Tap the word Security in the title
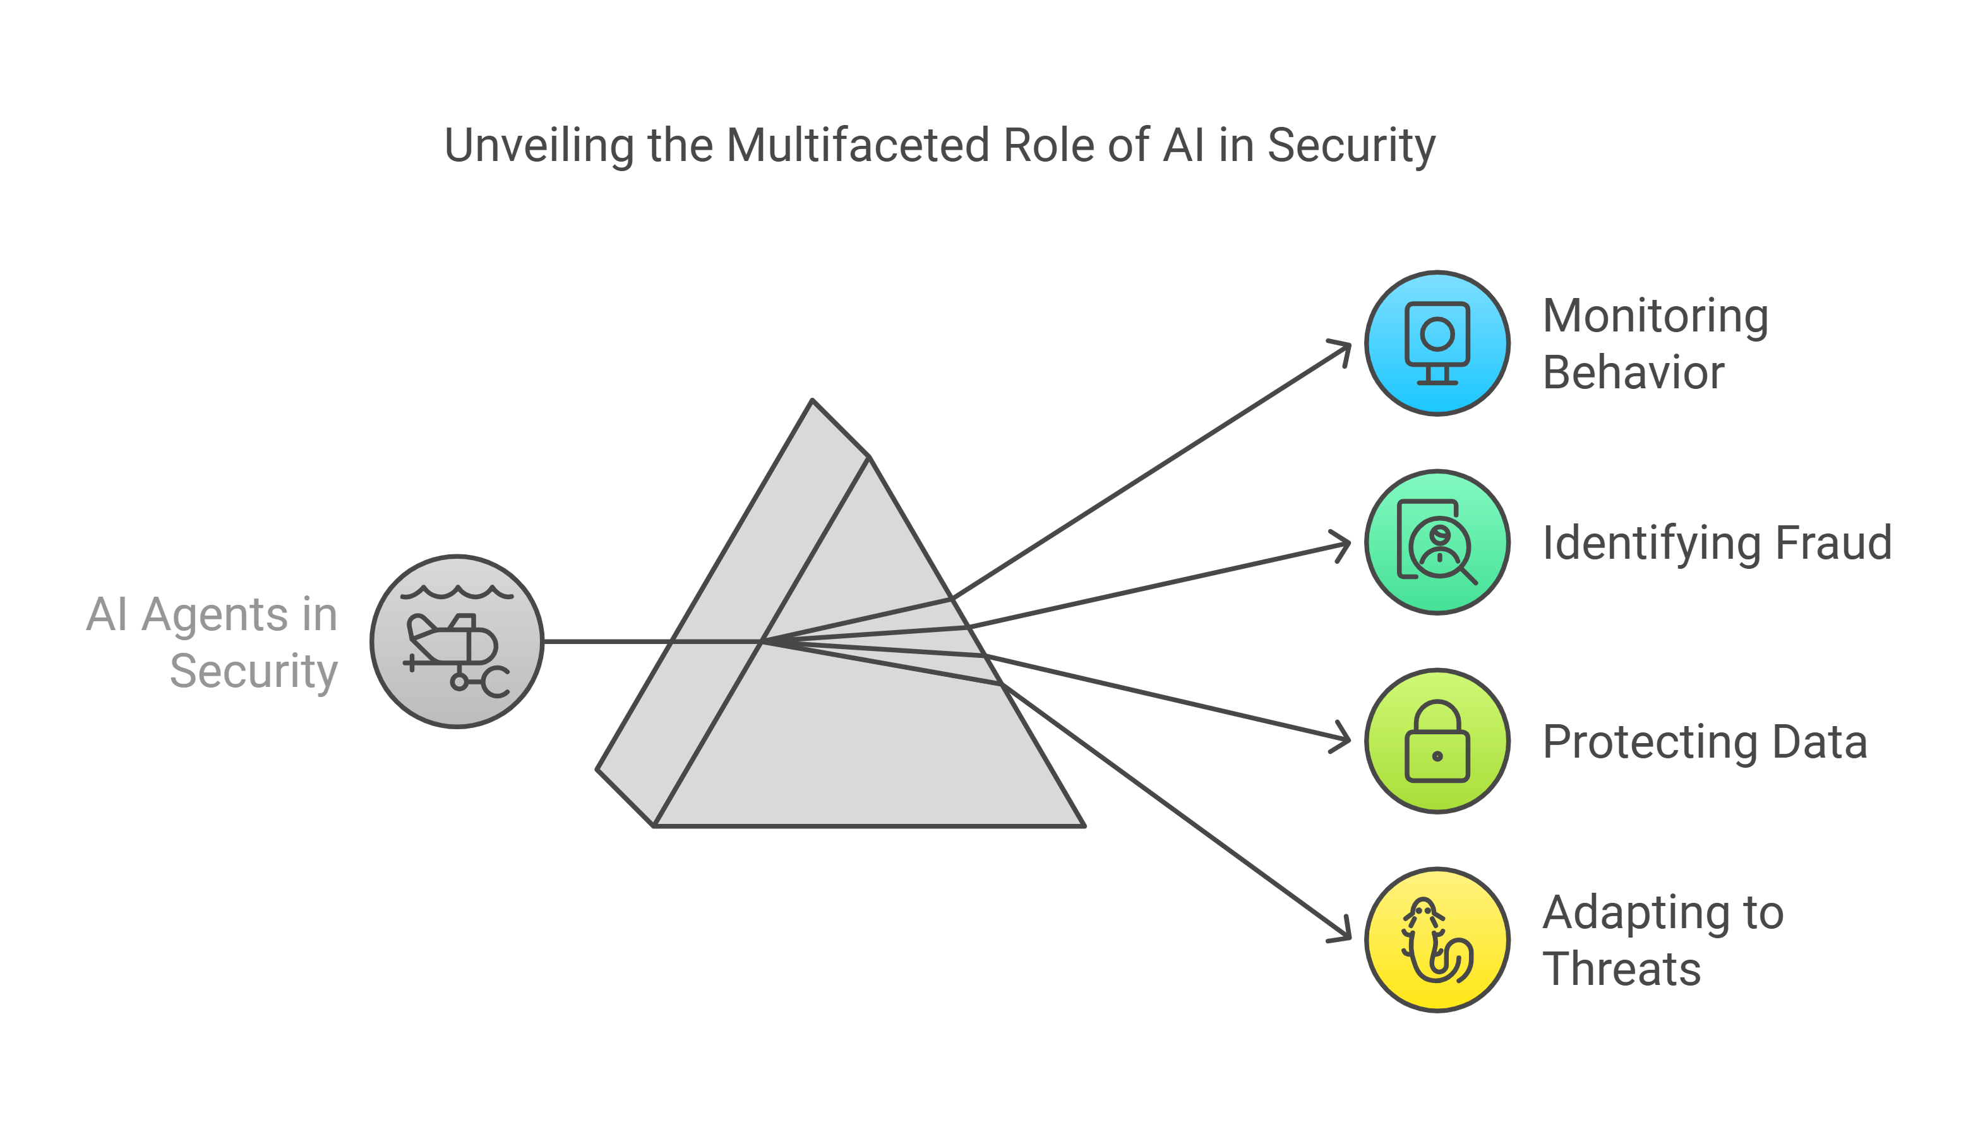coord(1351,145)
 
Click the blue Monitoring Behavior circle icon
coord(1437,343)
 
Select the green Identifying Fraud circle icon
coord(1437,542)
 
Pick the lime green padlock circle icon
coord(1437,741)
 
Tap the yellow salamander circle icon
coord(1437,939)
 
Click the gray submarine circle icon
coord(457,641)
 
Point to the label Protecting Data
coord(1705,741)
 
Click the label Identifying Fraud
coord(1717,542)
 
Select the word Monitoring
coord(1655,316)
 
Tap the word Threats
coord(1622,969)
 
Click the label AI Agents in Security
coord(213,643)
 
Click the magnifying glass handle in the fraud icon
coord(1468,575)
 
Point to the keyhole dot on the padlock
coord(1437,756)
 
